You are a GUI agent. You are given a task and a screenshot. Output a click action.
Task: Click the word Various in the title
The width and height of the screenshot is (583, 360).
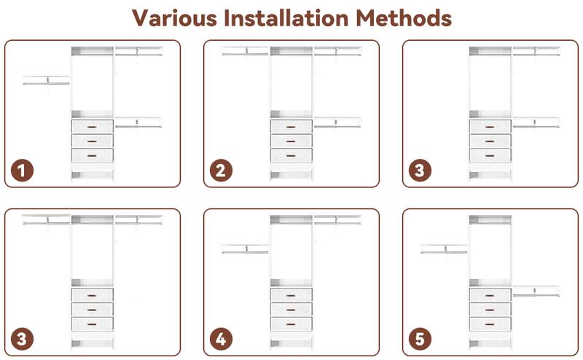[174, 17]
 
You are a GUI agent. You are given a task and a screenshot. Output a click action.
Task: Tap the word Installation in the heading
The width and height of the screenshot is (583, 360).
[286, 17]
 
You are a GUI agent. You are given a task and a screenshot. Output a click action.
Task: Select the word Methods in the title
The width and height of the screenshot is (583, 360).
[404, 17]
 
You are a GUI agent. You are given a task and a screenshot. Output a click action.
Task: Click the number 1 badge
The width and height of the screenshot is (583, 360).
[22, 171]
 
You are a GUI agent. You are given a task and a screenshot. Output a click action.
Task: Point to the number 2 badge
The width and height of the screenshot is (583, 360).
[221, 171]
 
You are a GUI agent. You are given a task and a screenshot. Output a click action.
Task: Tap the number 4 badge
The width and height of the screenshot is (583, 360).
[221, 339]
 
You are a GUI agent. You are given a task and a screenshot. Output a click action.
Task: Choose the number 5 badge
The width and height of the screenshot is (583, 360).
[420, 339]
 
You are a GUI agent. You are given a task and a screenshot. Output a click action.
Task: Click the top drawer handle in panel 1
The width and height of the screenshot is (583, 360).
[92, 128]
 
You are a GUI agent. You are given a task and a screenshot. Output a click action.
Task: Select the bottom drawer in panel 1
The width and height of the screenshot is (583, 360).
[93, 155]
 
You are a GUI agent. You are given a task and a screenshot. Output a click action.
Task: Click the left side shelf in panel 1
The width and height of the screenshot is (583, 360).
[46, 80]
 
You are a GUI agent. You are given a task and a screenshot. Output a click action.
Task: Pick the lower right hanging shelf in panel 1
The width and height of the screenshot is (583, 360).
[138, 122]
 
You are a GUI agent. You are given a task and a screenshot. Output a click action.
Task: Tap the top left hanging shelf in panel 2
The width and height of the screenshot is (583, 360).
[245, 51]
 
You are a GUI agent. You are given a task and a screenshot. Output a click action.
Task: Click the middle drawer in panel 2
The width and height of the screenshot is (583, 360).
[291, 141]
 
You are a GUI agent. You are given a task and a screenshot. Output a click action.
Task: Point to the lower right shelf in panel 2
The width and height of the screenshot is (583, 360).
[337, 122]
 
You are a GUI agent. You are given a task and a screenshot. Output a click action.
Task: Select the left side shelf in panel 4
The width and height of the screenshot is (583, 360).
[245, 249]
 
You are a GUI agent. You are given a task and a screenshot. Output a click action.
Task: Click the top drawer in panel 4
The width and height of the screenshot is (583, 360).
[291, 295]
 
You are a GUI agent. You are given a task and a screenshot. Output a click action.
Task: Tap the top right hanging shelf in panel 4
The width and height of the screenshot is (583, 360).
[337, 219]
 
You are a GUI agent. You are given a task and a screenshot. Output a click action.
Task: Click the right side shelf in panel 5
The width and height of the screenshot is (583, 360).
[536, 291]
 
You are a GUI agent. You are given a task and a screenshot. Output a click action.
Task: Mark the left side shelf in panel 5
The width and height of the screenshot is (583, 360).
[444, 249]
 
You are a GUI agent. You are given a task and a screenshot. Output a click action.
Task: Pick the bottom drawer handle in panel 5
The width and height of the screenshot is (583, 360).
[490, 324]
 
